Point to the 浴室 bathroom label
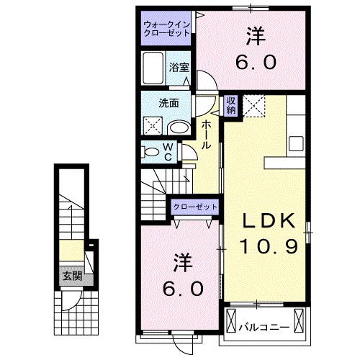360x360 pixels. (179, 67)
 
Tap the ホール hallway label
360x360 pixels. (206, 135)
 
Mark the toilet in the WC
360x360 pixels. (153, 152)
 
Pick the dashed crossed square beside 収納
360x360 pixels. (254, 106)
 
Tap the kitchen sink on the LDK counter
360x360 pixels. (297, 141)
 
